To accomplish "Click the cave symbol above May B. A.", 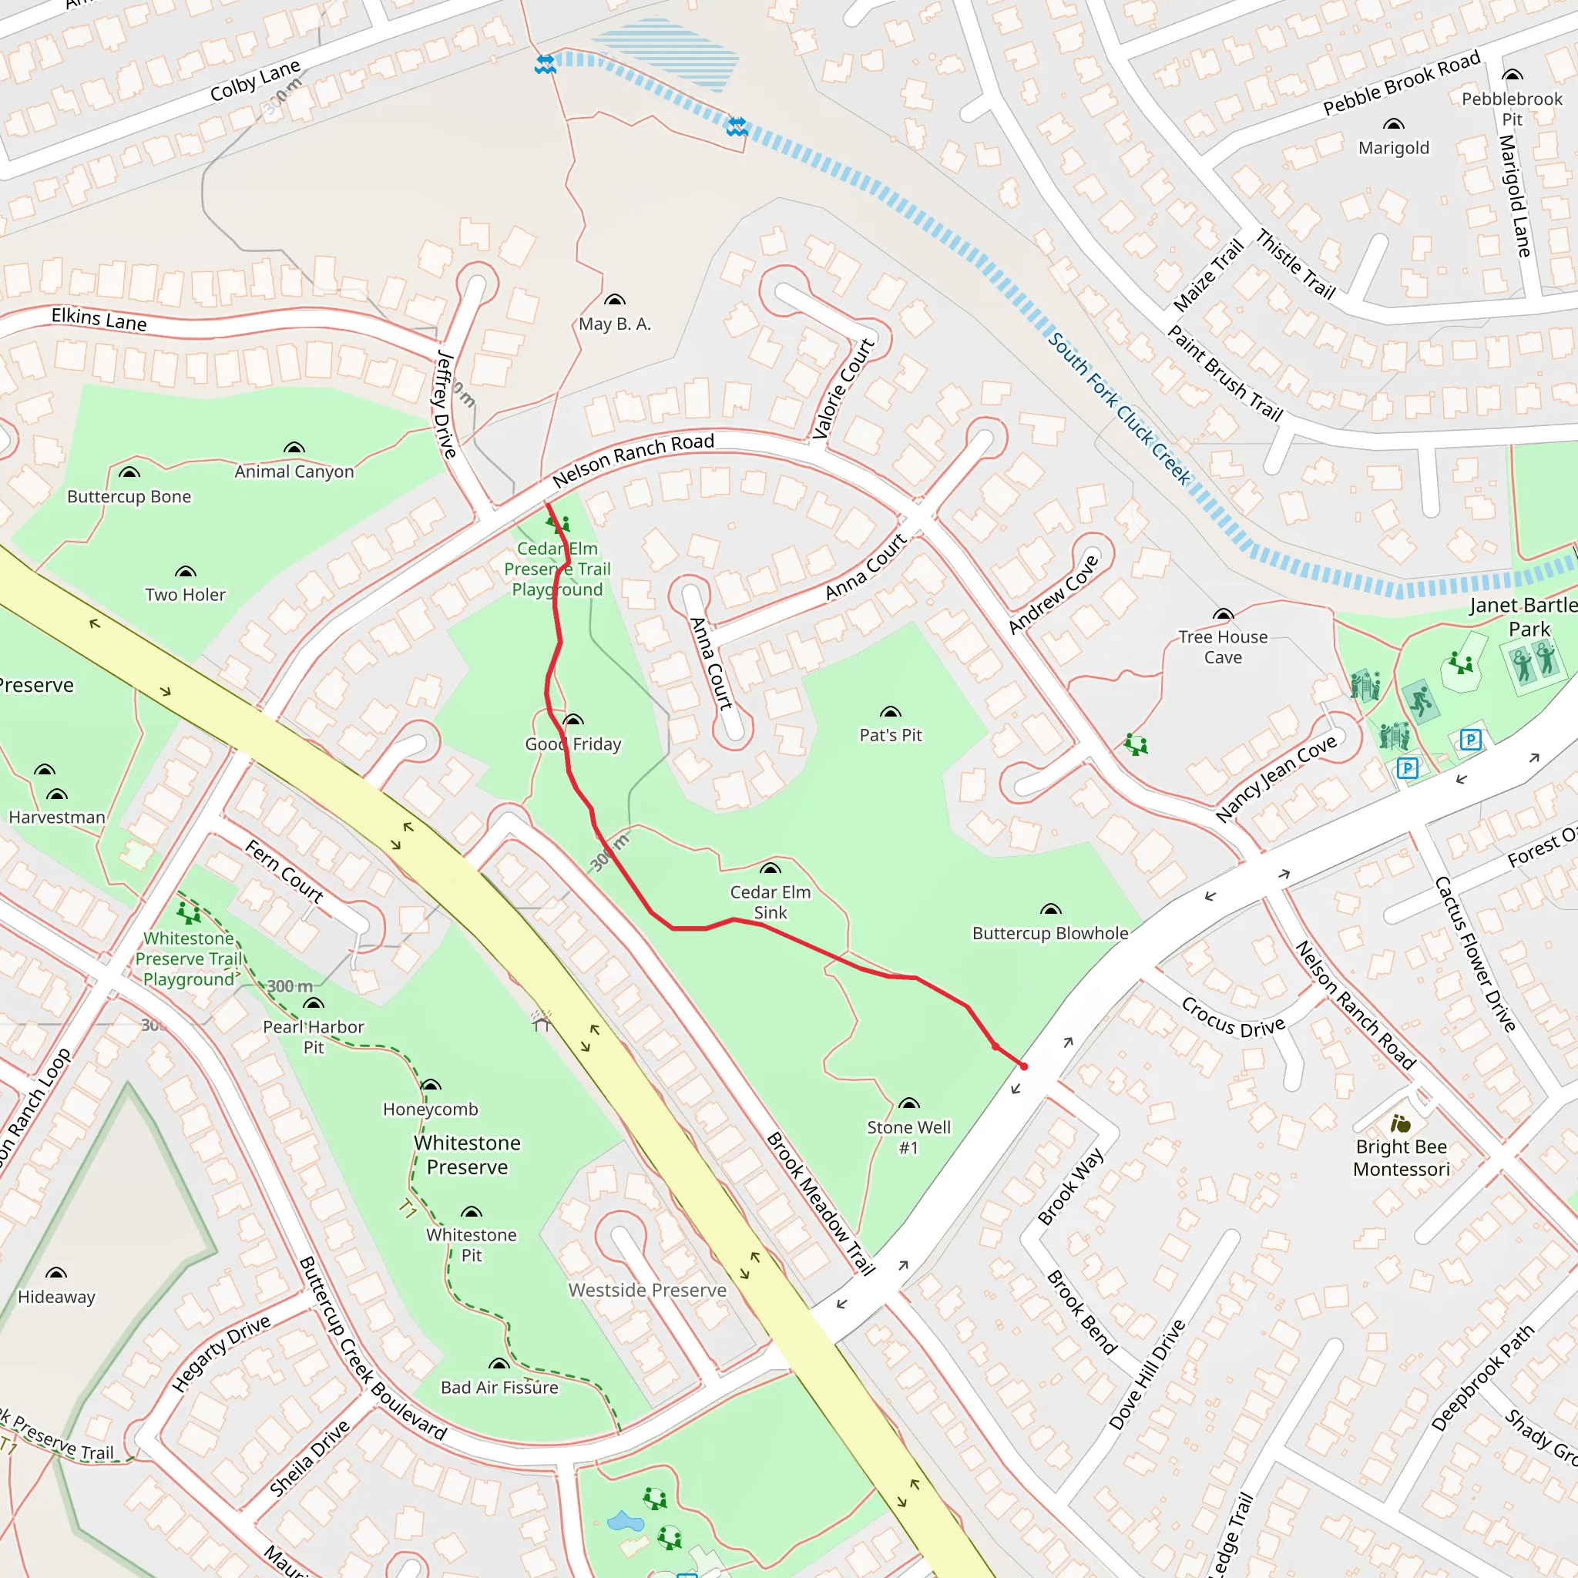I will pos(614,300).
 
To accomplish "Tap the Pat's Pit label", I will pos(890,735).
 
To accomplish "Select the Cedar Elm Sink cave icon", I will pos(771,868).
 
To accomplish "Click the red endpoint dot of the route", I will pos(1023,1066).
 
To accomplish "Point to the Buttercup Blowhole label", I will pos(1049,933).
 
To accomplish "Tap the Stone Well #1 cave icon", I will pos(908,1103).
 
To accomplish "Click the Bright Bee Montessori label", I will pos(1401,1157).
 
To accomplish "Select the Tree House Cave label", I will pos(1223,647).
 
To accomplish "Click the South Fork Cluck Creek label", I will pos(1119,408).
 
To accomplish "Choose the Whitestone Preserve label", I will pos(467,1154).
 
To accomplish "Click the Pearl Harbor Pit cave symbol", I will pos(314,1004).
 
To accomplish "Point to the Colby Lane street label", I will pos(255,79).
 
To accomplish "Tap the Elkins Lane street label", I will pos(99,318).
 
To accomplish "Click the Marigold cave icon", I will pos(1393,125).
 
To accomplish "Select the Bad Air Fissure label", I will pos(499,1387).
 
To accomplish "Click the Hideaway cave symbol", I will pos(56,1273).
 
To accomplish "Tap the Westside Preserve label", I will pos(647,1290).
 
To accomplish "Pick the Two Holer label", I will pos(186,595).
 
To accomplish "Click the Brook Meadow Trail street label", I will pos(820,1203).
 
